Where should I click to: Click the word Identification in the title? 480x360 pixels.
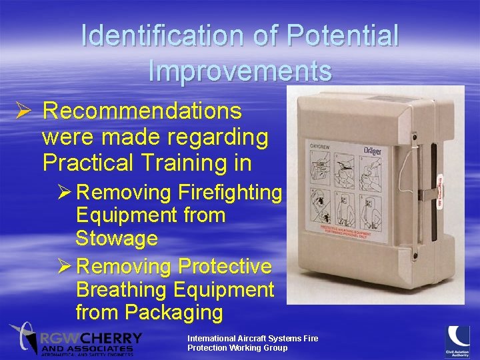(164, 37)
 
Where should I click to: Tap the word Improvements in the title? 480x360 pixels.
(240, 71)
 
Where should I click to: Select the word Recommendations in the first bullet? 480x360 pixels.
(142, 111)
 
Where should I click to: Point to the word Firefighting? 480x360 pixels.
(230, 193)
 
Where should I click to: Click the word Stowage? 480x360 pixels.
(117, 238)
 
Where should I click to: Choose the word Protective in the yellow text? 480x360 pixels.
(225, 267)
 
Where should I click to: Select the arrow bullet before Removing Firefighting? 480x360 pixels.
(65, 193)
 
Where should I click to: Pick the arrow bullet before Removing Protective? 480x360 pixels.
(65, 267)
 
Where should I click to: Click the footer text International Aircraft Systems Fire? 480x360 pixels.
(253, 339)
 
